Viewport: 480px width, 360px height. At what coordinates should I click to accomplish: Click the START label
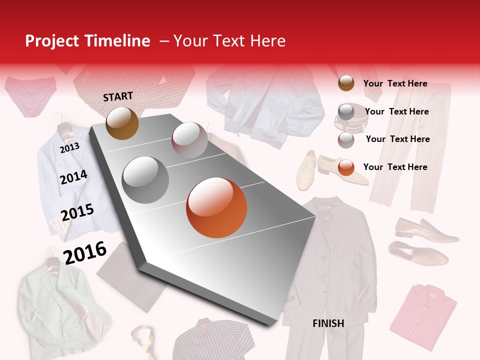click(118, 96)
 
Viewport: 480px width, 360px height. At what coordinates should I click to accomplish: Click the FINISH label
click(328, 323)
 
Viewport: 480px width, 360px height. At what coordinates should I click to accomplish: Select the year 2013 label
click(69, 147)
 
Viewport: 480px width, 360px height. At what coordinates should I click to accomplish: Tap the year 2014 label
click(73, 177)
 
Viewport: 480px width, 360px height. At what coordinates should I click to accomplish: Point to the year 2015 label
click(77, 212)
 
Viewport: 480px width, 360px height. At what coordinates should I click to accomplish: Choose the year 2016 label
click(85, 252)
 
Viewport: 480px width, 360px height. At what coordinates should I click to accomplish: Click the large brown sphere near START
click(122, 123)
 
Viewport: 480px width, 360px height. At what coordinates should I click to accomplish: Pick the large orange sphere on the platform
click(216, 207)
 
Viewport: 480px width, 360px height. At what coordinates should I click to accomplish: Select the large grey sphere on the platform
click(145, 179)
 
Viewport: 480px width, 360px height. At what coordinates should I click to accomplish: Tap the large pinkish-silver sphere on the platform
click(189, 140)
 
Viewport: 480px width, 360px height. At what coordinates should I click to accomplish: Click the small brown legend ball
click(346, 83)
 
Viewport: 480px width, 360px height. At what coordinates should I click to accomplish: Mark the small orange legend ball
click(346, 167)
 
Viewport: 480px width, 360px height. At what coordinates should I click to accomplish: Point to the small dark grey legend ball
click(346, 112)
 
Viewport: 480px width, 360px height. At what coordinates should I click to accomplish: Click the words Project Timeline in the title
click(87, 41)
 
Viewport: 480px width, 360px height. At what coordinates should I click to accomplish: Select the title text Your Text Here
click(229, 41)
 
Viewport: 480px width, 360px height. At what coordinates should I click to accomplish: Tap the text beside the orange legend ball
click(395, 167)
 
